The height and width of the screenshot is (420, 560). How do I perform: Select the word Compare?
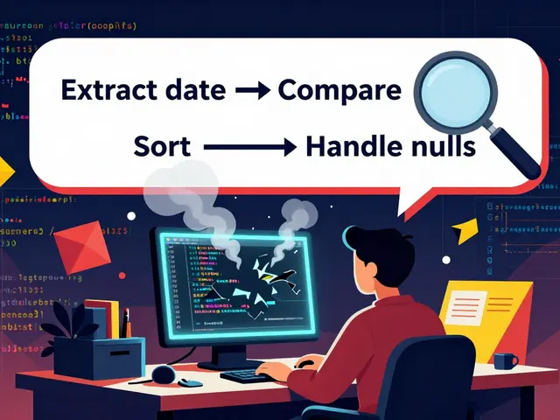pyautogui.click(x=339, y=89)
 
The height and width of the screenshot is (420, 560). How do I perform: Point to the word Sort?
pyautogui.click(x=162, y=146)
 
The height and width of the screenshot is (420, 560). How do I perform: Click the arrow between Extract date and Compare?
pyautogui.click(x=253, y=91)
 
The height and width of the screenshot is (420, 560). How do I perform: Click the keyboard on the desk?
pyautogui.click(x=250, y=374)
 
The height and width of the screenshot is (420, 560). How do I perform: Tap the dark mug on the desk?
pyautogui.click(x=505, y=360)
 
